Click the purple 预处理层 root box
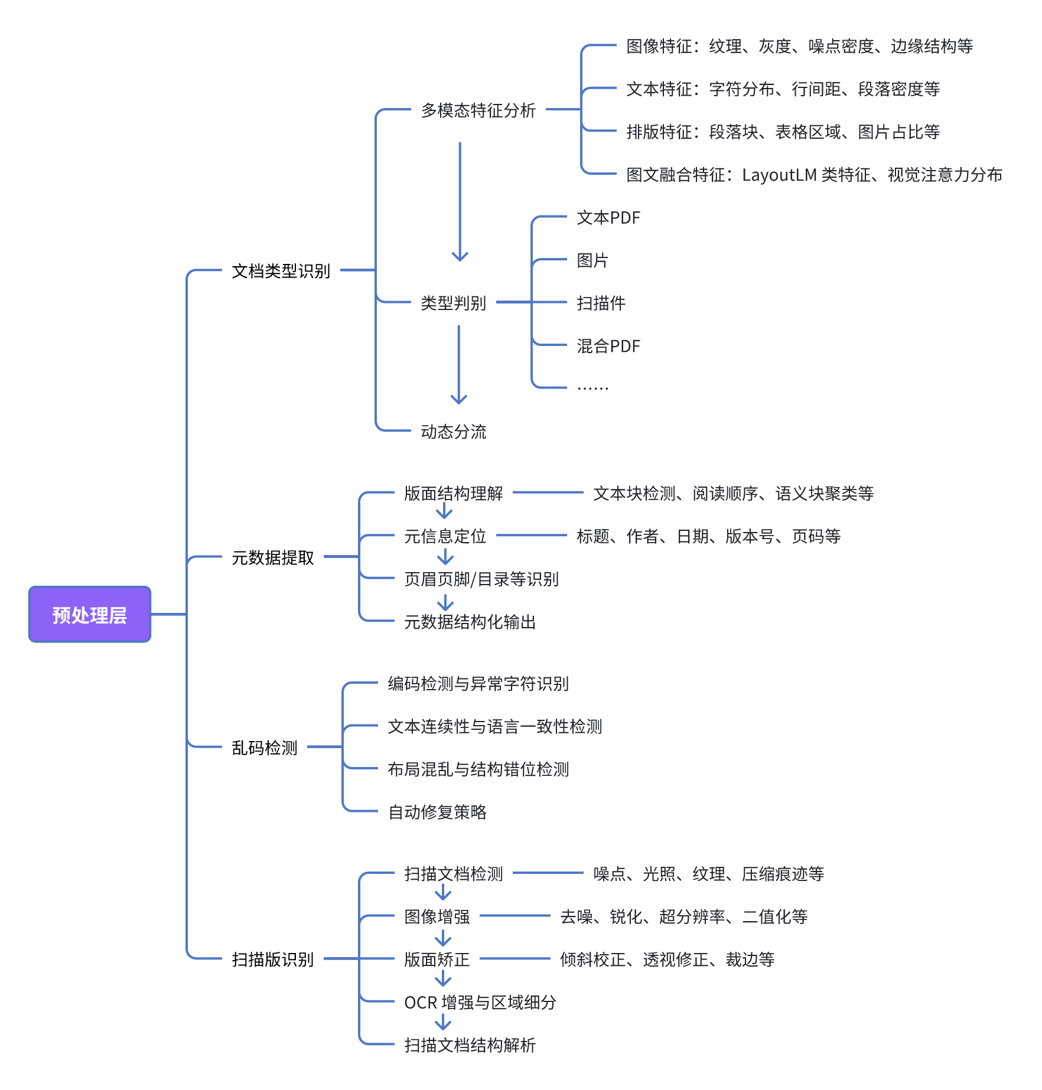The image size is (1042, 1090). (x=90, y=615)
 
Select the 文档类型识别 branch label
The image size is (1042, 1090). (x=281, y=271)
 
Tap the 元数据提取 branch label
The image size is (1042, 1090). (x=272, y=557)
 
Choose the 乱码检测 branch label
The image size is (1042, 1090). (x=264, y=748)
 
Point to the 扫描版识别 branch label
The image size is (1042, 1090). (x=272, y=960)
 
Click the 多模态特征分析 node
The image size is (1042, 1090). (x=478, y=110)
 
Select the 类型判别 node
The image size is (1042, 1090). (x=453, y=303)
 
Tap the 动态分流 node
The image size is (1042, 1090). (x=453, y=432)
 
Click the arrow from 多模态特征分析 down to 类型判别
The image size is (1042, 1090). (x=460, y=201)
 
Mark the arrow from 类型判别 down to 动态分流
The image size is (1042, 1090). (x=458, y=364)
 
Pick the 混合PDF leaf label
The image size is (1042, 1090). (x=608, y=346)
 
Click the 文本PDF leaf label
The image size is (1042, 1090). (x=608, y=218)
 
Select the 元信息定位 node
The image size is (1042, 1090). (x=445, y=536)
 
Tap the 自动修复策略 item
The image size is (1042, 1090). (x=437, y=812)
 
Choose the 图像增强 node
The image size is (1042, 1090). (x=437, y=916)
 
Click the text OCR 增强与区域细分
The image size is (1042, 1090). (x=480, y=1002)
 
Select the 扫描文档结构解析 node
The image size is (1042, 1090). (x=470, y=1045)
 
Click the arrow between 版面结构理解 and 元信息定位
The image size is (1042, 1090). (x=444, y=511)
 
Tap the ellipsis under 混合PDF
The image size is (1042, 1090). (x=592, y=388)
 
